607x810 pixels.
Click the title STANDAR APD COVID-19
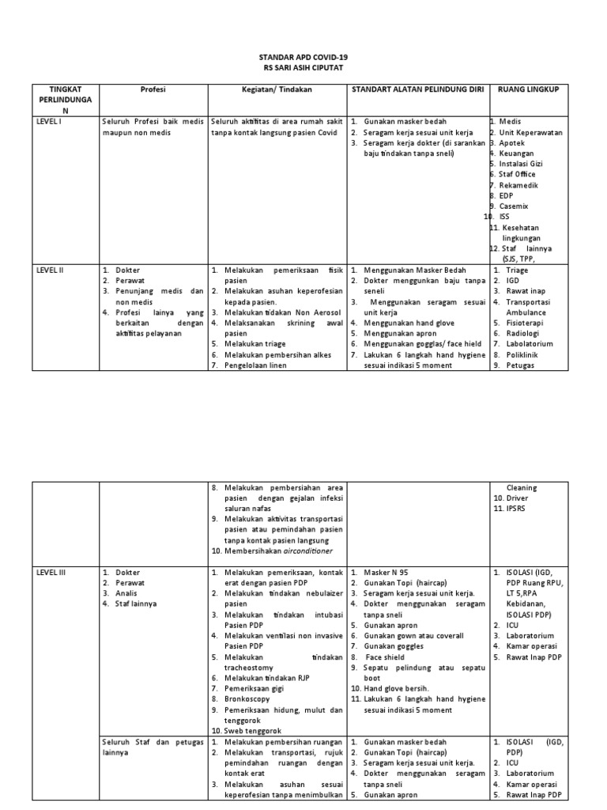(x=303, y=59)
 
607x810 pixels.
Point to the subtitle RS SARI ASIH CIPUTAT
(x=303, y=69)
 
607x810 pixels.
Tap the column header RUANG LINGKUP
(x=528, y=90)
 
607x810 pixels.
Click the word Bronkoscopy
(x=247, y=699)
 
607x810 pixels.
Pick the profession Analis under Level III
(x=127, y=592)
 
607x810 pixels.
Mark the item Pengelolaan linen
(x=251, y=365)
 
